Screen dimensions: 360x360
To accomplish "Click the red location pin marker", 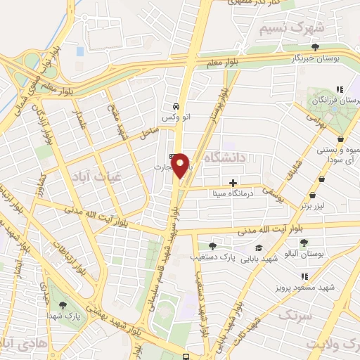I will pyautogui.click(x=181, y=165).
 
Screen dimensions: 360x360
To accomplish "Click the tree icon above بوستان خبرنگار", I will pyautogui.click(x=314, y=49).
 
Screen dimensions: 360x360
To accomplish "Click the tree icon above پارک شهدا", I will pyautogui.click(x=63, y=305).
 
